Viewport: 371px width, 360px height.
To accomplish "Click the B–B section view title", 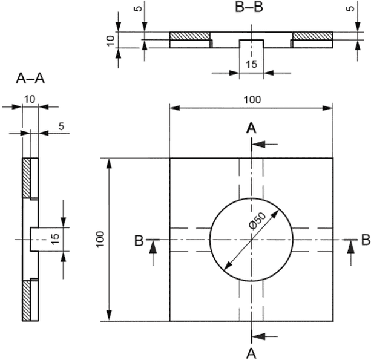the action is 249,7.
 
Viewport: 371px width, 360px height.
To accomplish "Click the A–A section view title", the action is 30,78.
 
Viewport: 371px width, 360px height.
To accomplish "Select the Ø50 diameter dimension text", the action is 258,221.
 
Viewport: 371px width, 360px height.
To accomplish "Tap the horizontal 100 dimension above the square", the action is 252,100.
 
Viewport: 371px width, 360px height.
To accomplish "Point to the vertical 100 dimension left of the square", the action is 100,239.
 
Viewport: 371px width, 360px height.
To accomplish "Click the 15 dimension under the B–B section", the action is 251,64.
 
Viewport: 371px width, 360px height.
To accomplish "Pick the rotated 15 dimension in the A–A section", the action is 55,239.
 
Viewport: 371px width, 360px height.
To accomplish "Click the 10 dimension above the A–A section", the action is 30,99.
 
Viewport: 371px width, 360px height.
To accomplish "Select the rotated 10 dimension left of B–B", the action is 110,41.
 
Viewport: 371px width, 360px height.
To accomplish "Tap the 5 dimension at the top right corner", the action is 350,8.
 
